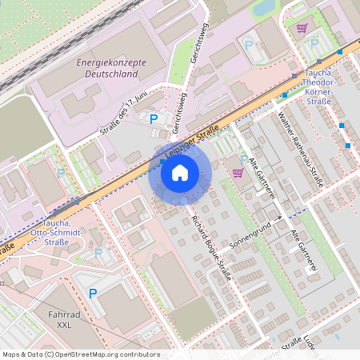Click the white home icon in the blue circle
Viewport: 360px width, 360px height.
[x=180, y=172]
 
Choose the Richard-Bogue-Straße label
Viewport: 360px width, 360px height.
[x=212, y=248]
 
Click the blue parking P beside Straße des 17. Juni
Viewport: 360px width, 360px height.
[x=154, y=118]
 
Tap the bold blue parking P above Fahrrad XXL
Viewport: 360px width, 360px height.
[x=92, y=294]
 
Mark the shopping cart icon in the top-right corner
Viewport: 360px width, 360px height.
[x=302, y=27]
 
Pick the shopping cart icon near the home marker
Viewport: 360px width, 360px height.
[x=238, y=172]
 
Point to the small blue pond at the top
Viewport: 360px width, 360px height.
[x=263, y=8]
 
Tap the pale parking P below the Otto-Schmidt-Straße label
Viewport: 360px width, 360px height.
[x=98, y=253]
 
